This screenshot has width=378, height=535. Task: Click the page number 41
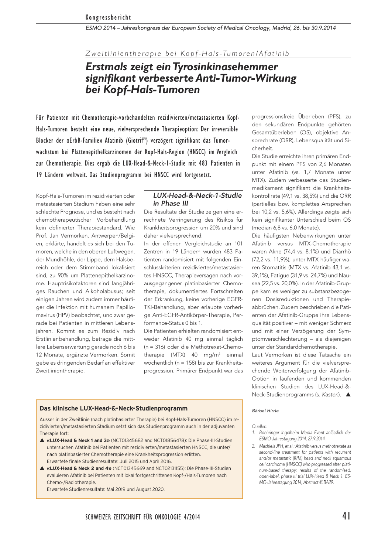coord(346,516)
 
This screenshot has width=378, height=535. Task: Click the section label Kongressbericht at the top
coord(108,17)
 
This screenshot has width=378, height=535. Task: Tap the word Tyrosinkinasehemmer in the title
coord(225,67)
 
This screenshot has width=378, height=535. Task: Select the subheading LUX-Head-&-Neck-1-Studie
coord(197,195)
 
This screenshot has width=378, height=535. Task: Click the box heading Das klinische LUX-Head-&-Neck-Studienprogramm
coord(114,408)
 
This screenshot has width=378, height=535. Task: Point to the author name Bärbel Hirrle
coord(265,411)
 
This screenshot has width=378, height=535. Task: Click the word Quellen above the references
coord(260,426)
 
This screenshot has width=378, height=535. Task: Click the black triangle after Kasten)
coord(347,395)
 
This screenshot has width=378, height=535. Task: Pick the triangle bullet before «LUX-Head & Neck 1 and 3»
coord(42,440)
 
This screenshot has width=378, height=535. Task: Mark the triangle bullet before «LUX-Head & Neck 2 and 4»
coord(42,468)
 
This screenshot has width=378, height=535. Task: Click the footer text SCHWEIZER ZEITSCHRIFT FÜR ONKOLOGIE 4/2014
coord(142,517)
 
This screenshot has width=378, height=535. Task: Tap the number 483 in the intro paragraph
coord(203,163)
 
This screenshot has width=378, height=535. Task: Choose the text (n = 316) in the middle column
coord(155,347)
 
